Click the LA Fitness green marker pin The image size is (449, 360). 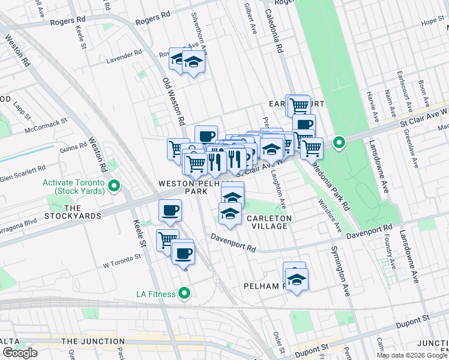pos(184,294)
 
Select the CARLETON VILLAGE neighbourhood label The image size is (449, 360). pos(269,223)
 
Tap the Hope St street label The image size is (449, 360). pos(432,22)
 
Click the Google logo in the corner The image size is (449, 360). pos(20,353)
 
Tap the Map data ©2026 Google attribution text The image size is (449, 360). pos(412,355)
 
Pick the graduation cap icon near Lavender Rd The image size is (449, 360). pos(193,61)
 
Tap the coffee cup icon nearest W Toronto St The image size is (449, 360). pos(183,253)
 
